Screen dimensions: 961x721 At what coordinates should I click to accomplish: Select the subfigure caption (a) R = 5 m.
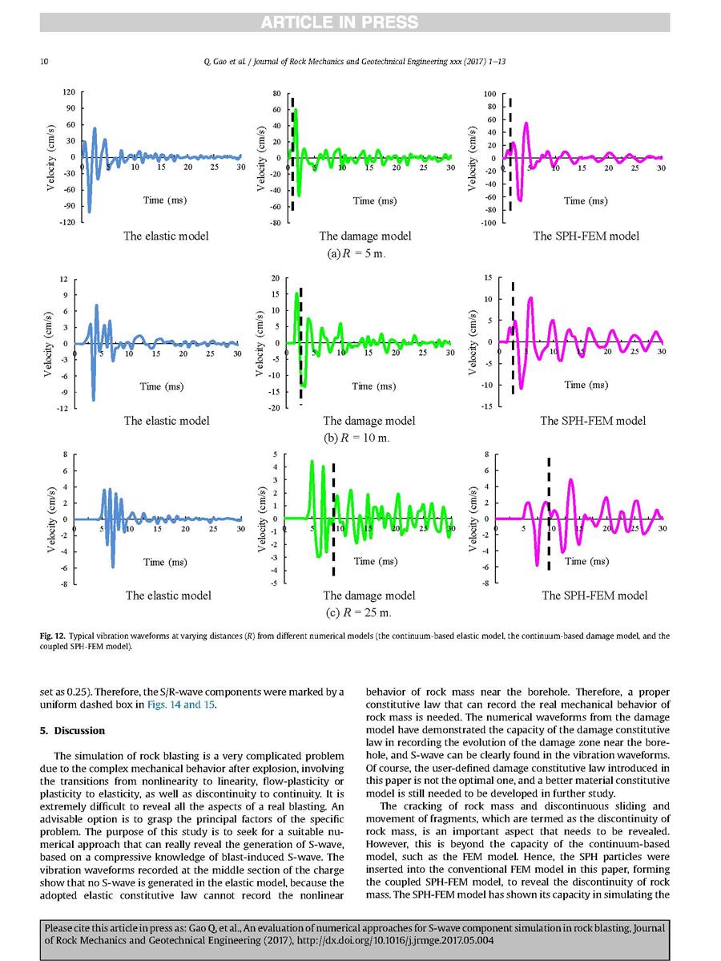pos(365,254)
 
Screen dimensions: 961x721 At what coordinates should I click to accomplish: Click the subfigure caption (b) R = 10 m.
pos(365,438)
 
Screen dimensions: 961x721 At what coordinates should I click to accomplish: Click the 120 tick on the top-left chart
pos(69,92)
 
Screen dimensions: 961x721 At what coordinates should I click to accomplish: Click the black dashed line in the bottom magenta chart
pos(549,513)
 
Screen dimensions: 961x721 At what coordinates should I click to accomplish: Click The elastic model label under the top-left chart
pos(166,236)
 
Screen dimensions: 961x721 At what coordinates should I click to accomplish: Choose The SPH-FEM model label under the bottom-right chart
pos(594,596)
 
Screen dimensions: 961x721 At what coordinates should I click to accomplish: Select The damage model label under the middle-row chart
pos(369,421)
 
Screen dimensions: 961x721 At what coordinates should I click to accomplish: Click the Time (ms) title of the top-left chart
pos(164,200)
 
